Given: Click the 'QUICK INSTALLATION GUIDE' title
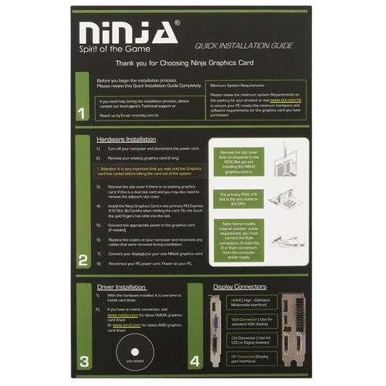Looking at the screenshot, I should [x=244, y=46].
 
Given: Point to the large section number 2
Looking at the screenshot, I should [x=83, y=261].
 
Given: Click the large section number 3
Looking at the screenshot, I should [x=84, y=360].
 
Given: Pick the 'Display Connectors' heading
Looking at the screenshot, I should [x=240, y=286].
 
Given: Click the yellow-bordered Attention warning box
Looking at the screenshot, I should [x=147, y=171].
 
